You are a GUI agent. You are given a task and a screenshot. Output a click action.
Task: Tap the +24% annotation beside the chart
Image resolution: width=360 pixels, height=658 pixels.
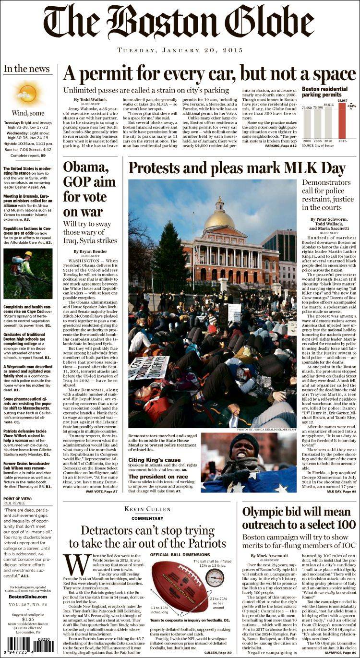click(x=352, y=106)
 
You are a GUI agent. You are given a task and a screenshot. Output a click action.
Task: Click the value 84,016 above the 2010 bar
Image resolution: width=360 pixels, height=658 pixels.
click(x=328, y=104)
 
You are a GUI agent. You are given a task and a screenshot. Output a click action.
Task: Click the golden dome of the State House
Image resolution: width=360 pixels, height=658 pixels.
click(x=219, y=218)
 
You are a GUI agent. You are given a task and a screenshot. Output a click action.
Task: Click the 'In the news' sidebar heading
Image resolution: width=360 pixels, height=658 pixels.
click(x=27, y=69)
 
